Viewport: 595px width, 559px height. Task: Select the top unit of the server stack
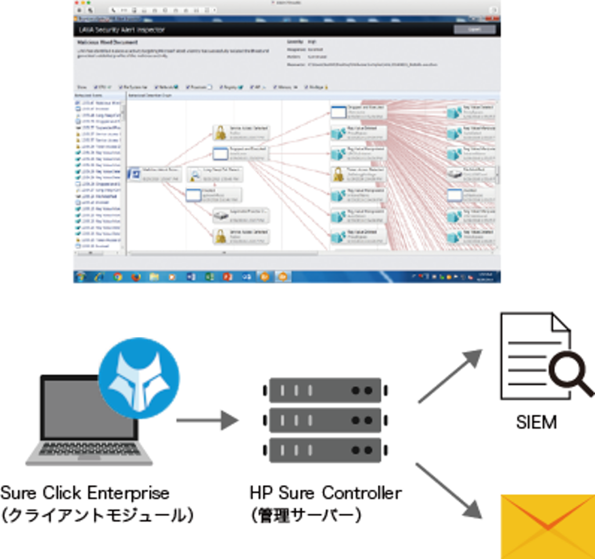[x=325, y=390]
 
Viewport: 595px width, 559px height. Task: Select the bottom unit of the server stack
[x=325, y=450]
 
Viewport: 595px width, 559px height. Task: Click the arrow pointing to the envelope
[x=450, y=490]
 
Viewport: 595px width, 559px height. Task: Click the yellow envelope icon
[x=547, y=526]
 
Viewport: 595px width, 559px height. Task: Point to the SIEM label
[x=536, y=422]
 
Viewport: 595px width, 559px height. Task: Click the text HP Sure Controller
[x=325, y=493]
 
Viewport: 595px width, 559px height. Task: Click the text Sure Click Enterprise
[x=85, y=493]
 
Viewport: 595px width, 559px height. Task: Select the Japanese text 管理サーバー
[x=306, y=515]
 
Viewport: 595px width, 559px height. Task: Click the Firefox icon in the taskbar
[x=136, y=277]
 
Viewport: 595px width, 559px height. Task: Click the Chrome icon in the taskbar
[x=118, y=277]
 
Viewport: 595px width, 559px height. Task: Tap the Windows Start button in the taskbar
[x=81, y=277]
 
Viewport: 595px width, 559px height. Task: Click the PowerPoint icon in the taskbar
[x=227, y=277]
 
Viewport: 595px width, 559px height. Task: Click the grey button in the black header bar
[x=475, y=30]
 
